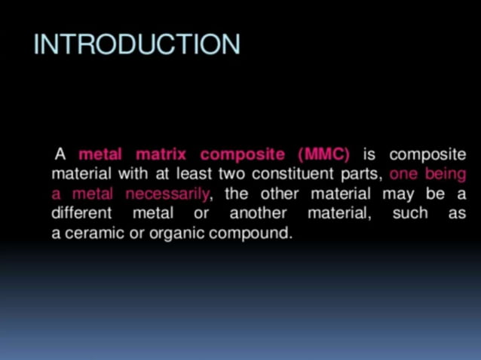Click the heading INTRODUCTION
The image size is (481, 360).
(x=136, y=44)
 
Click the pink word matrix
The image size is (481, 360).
(x=160, y=155)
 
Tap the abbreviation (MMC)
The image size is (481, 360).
(x=324, y=155)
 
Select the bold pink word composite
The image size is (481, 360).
(x=243, y=155)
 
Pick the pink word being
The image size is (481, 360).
(x=446, y=175)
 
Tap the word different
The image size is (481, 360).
(x=81, y=214)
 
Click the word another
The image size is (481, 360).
(x=258, y=214)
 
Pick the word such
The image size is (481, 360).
(x=410, y=214)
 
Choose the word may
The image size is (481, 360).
(x=396, y=194)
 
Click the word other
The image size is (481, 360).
(x=280, y=194)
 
